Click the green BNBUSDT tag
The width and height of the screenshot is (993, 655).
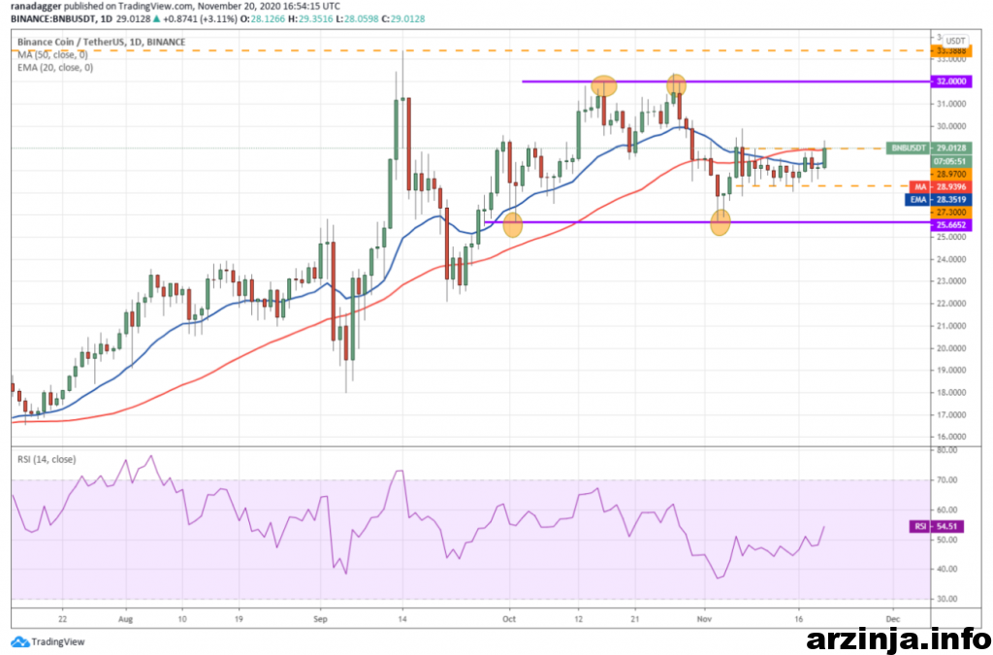pyautogui.click(x=908, y=147)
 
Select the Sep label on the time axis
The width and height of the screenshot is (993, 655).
pyautogui.click(x=323, y=616)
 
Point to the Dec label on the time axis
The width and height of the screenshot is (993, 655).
pyautogui.click(x=893, y=616)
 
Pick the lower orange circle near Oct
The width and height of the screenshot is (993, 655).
pyautogui.click(x=513, y=225)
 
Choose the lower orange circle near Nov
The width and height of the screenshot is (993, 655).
pyautogui.click(x=721, y=223)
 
